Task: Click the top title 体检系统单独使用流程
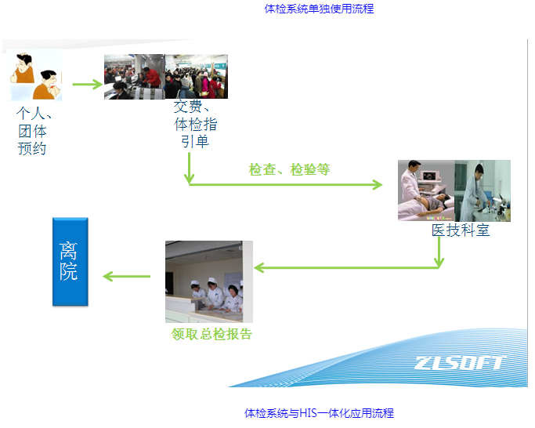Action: coord(319,9)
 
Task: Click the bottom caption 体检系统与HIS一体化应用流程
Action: coord(319,413)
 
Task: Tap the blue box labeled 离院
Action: coord(70,262)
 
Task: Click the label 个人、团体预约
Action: coord(33,130)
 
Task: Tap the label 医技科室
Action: coord(461,230)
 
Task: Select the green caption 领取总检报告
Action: coord(211,334)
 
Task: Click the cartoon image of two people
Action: coord(35,77)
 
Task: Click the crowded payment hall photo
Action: coord(166,76)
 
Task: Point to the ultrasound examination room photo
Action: coord(454,190)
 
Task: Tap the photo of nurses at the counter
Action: coord(208,281)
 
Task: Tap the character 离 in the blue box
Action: coord(70,251)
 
